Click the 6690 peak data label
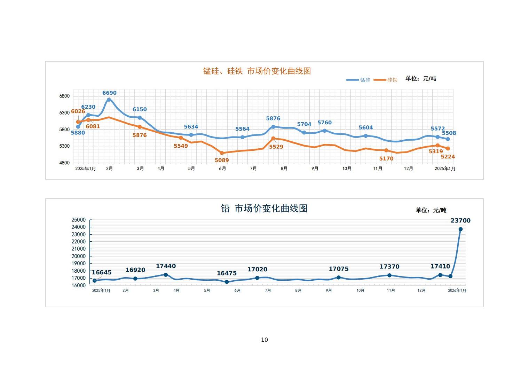click(109, 93)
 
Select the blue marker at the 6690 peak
click(109, 100)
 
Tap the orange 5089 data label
click(222, 160)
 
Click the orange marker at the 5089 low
click(222, 153)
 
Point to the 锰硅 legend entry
click(358, 80)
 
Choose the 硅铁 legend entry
click(386, 80)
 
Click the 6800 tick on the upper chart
click(64, 96)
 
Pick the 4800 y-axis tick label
click(64, 163)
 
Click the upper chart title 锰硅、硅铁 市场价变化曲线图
click(257, 71)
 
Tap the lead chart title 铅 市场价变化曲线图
click(264, 208)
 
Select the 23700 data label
click(460, 220)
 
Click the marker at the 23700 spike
click(460, 229)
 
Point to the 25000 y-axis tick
click(78, 220)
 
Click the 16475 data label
click(227, 273)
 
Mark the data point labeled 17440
click(166, 275)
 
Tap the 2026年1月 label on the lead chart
click(457, 290)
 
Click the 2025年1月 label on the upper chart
click(85, 169)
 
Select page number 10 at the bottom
click(264, 340)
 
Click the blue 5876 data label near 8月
click(273, 119)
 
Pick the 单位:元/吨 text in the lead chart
click(431, 210)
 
